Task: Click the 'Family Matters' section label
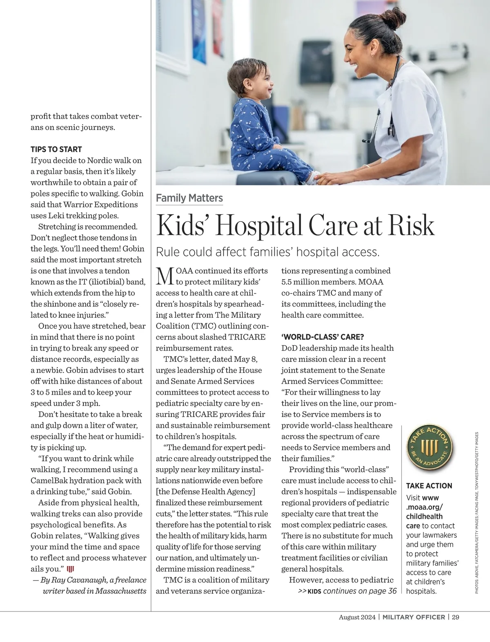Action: tap(189, 199)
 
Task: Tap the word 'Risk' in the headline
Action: tap(412, 225)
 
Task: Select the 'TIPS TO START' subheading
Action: tap(56, 149)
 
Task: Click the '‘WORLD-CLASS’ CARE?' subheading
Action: tap(322, 337)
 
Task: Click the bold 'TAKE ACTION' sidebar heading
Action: tap(429, 486)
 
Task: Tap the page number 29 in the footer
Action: tap(456, 617)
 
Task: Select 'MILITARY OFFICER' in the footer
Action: tap(414, 617)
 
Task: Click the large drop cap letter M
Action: tap(165, 277)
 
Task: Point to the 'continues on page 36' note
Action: tap(359, 591)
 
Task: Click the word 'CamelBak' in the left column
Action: tap(49, 481)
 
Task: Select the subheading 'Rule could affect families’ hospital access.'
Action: tap(268, 252)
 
